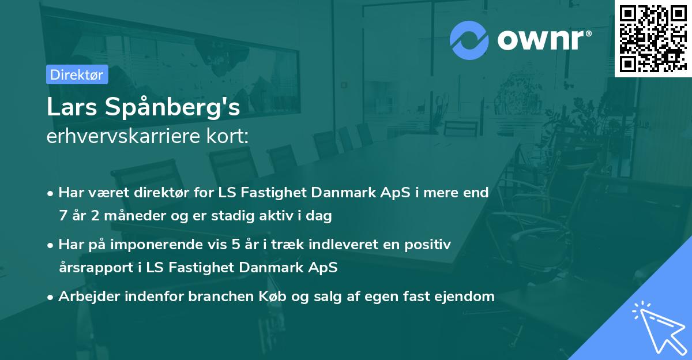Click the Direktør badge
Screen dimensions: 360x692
[x=77, y=74]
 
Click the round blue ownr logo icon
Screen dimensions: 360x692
[x=469, y=40]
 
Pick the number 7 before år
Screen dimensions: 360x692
[x=63, y=216]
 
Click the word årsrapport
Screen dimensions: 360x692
[x=98, y=268]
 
